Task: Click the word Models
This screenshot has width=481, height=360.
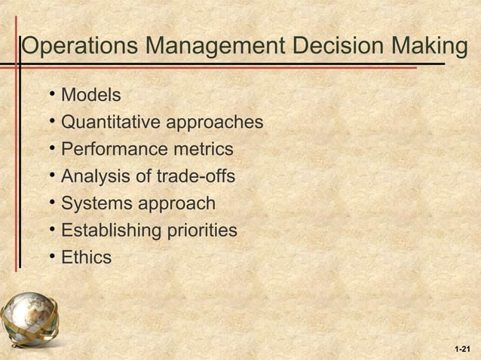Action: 90,96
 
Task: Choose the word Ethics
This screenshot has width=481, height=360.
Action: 86,258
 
